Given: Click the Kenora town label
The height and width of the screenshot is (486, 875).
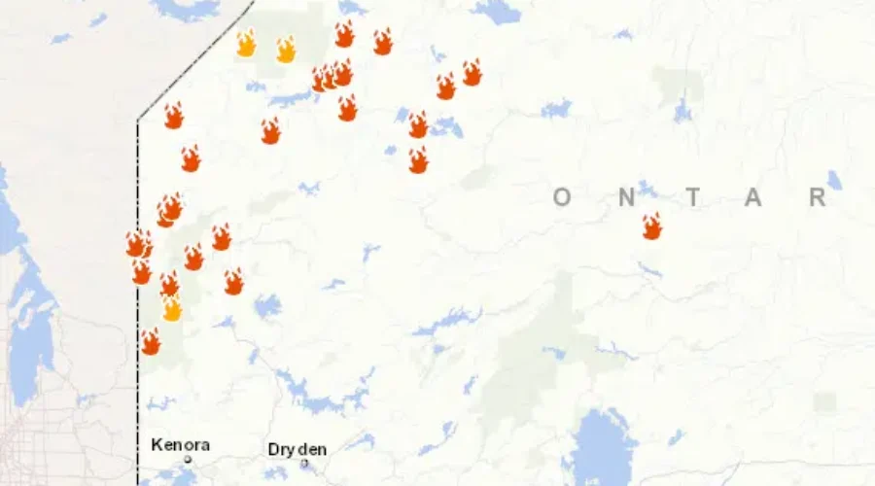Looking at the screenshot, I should click(x=180, y=445).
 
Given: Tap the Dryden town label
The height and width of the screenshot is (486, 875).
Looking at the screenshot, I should click(x=297, y=449).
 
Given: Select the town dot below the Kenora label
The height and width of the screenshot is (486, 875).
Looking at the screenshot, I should click(x=188, y=459).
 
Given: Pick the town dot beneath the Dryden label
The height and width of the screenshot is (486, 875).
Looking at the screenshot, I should click(x=304, y=463).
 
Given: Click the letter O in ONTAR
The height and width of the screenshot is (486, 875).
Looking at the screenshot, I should click(x=562, y=197).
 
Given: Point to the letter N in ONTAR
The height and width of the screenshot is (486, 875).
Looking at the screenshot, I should click(x=627, y=197).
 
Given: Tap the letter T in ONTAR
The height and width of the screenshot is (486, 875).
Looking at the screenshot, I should click(x=692, y=197).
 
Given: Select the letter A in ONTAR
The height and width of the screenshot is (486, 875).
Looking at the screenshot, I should click(x=754, y=197).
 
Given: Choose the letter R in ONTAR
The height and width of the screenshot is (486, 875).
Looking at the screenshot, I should click(x=818, y=197).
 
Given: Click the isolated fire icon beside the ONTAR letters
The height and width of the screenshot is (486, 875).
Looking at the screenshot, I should click(x=651, y=226).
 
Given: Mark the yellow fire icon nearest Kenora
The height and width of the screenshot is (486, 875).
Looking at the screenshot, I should click(x=172, y=309).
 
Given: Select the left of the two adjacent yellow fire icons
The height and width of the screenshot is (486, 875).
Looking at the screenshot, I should click(x=247, y=44).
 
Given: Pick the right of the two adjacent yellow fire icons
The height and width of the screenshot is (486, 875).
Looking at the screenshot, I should click(x=285, y=50).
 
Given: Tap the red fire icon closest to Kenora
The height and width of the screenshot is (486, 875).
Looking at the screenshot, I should click(x=151, y=342).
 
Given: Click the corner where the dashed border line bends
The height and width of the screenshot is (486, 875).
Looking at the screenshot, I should click(x=137, y=121).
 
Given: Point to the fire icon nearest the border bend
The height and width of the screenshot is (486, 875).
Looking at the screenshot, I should click(x=173, y=116).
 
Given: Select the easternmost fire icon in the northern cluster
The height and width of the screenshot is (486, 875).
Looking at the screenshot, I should click(x=472, y=73).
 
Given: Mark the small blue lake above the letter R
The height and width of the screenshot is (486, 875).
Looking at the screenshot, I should click(x=834, y=180).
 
